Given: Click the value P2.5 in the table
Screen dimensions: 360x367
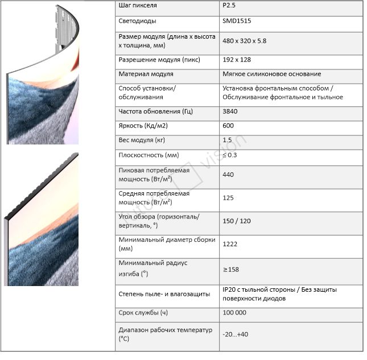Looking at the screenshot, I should tap(229, 6).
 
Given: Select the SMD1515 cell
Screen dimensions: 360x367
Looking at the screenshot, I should tap(237, 21).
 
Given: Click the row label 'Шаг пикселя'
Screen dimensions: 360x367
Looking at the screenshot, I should tap(138, 6).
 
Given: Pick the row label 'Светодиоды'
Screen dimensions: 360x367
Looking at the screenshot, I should tap(139, 21).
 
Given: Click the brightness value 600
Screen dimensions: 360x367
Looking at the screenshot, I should tap(229, 126).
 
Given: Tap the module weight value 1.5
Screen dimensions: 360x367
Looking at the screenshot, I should tap(228, 140).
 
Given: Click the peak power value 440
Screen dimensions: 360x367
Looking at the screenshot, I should tap(229, 175).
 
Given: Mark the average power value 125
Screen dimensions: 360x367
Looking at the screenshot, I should tap(229, 197).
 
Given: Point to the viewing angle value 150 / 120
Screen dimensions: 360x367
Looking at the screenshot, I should tap(238, 221).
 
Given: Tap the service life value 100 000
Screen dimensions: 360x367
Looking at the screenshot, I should tap(235, 313).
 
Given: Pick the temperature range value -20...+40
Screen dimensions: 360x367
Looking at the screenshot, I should tap(236, 334).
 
